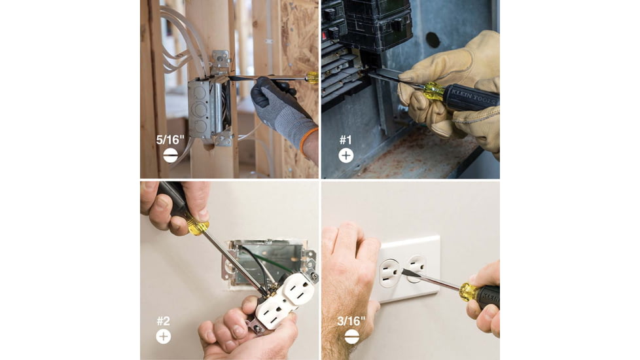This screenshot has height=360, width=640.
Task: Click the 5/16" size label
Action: [x=169, y=139]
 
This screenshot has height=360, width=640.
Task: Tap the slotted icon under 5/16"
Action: [x=170, y=156]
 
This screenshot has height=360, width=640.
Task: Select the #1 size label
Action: [x=346, y=140]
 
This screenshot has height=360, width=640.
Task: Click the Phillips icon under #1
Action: [x=346, y=156]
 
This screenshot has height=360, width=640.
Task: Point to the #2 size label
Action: [x=163, y=321]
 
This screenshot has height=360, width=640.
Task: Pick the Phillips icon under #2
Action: [x=163, y=336]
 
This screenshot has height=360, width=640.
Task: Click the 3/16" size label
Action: [x=351, y=321]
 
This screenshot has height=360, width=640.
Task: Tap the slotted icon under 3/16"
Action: [x=351, y=336]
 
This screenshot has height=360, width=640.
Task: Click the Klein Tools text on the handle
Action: [x=474, y=98]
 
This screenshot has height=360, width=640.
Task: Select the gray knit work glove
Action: [x=281, y=112]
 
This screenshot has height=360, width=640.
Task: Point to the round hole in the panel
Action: [x=433, y=40]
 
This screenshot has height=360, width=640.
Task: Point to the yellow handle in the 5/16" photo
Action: [x=312, y=77]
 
